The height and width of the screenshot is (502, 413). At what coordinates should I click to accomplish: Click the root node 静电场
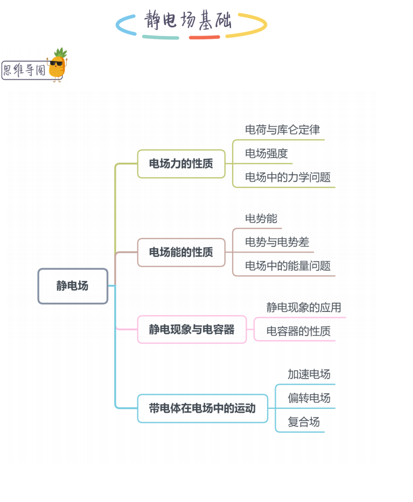tap(73, 286)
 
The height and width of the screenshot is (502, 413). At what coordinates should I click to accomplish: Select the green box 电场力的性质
tap(181, 164)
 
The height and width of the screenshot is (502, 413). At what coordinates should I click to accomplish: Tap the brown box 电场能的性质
tap(181, 252)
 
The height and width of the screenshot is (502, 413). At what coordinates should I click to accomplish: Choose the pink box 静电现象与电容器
tap(192, 329)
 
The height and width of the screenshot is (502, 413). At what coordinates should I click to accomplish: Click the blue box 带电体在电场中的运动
tap(202, 408)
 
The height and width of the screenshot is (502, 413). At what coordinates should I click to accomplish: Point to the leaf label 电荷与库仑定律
tap(282, 130)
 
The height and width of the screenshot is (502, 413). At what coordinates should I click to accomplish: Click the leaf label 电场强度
tap(267, 154)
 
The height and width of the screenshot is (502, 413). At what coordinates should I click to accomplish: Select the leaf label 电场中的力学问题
tap(288, 177)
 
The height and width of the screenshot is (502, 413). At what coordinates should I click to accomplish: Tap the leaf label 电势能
tap(261, 219)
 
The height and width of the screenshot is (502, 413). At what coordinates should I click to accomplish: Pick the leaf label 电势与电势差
tap(277, 242)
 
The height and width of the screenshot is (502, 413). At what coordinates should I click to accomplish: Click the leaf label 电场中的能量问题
tap(288, 266)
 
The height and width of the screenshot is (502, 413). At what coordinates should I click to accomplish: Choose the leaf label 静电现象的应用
tap(304, 308)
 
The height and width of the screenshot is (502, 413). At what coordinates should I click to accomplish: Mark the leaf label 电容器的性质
tap(298, 331)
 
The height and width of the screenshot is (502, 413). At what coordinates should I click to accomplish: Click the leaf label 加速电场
tap(309, 374)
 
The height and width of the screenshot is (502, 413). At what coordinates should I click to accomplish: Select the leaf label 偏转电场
tap(309, 398)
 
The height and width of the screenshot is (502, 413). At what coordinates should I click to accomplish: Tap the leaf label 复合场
tap(303, 422)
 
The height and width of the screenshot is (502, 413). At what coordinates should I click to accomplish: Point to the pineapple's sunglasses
tap(56, 63)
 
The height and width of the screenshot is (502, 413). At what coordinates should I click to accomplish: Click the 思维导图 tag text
tap(25, 71)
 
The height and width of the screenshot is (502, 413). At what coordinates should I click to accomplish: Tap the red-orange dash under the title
tap(204, 37)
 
